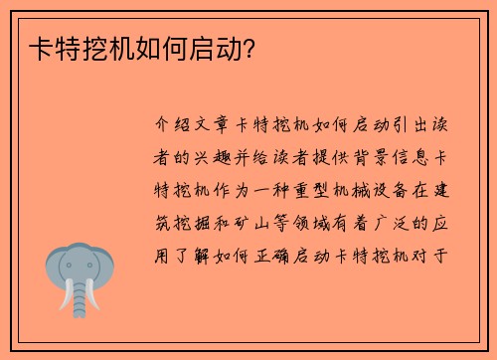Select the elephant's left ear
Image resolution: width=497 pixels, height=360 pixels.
click(x=55, y=267)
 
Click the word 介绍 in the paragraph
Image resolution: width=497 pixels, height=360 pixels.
click(x=175, y=126)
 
